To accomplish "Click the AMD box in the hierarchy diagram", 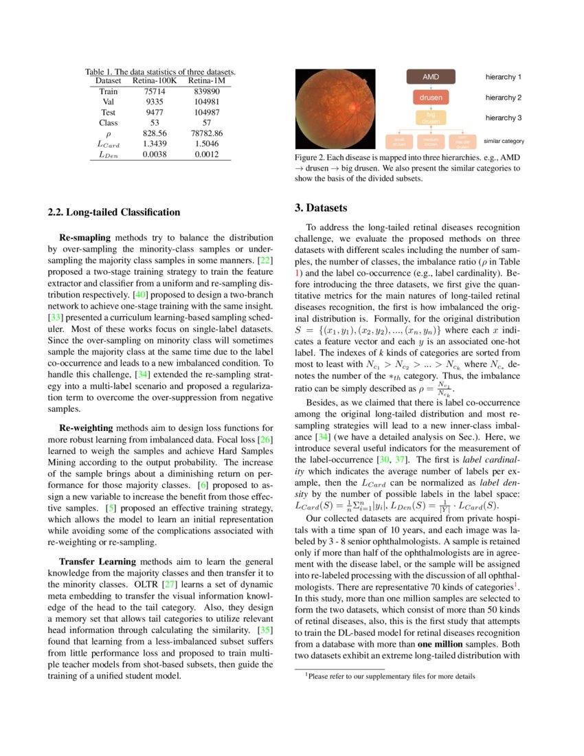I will click(x=430, y=77).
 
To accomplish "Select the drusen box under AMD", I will click(x=430, y=98).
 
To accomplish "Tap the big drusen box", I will click(x=430, y=118).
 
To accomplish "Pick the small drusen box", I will click(x=399, y=142).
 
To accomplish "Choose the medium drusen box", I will click(x=431, y=142).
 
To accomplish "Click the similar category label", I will click(x=504, y=141).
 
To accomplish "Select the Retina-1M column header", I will click(x=207, y=81).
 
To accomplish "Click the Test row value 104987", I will click(x=207, y=112).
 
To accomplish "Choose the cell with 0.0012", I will click(x=207, y=155).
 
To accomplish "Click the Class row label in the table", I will click(x=108, y=123).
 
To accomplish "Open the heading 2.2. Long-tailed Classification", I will click(x=114, y=212).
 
